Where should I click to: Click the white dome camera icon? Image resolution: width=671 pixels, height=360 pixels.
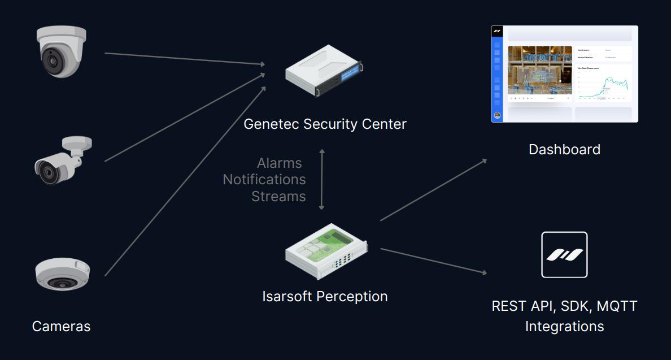[x=62, y=51]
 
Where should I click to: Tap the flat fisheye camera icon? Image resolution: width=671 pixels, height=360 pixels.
[x=62, y=274]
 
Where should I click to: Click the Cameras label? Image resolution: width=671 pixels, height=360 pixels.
[x=61, y=326]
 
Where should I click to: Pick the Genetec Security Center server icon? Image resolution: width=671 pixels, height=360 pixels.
[x=324, y=70]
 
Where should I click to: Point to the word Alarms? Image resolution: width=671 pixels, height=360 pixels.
[x=279, y=163]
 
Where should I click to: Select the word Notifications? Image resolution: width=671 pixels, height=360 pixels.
[x=264, y=180]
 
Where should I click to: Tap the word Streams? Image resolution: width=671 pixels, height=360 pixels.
[x=278, y=196]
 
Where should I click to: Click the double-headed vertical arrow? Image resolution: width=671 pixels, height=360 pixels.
[x=322, y=180]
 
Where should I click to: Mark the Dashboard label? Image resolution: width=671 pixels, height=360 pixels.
[x=564, y=149]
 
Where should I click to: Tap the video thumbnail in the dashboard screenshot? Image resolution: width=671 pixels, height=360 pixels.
[x=539, y=71]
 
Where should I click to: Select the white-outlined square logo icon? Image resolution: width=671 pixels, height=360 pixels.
[x=564, y=255]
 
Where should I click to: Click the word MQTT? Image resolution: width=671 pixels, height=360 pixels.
[x=617, y=306]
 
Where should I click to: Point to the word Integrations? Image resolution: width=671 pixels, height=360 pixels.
[x=564, y=327]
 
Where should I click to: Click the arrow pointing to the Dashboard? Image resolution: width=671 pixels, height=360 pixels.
[x=433, y=190]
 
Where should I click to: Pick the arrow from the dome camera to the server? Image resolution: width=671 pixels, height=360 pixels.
[x=185, y=59]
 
